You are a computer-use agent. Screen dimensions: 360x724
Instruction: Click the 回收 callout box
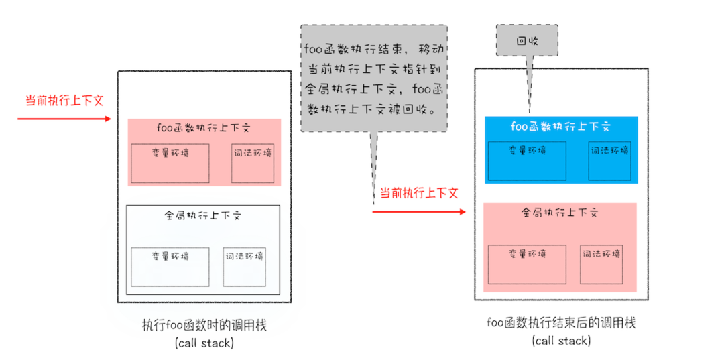pyautogui.click(x=527, y=40)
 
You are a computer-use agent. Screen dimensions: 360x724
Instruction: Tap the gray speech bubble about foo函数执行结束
pyautogui.click(x=373, y=78)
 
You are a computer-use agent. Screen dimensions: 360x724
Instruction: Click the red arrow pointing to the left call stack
pyautogui.click(x=64, y=119)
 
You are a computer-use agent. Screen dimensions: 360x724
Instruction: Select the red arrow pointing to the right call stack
pyautogui.click(x=419, y=212)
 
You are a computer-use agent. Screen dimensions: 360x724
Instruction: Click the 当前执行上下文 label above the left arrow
pyautogui.click(x=64, y=100)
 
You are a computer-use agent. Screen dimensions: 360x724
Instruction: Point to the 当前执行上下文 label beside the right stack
pyautogui.click(x=420, y=193)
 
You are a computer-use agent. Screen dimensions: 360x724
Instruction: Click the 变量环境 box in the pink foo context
pyautogui.click(x=170, y=163)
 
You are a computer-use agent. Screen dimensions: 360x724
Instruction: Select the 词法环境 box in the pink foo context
pyautogui.click(x=253, y=163)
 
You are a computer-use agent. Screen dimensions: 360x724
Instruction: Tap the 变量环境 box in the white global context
pyautogui.click(x=170, y=267)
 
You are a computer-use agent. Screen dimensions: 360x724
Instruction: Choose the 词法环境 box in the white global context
pyautogui.click(x=245, y=267)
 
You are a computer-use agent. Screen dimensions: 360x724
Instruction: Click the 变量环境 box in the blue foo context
pyautogui.click(x=526, y=162)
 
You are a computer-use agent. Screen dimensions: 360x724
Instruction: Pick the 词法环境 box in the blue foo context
pyautogui.click(x=609, y=162)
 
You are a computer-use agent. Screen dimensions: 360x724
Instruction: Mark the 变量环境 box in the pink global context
pyautogui.click(x=526, y=264)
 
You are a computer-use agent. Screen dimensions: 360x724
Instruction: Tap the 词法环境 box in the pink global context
pyautogui.click(x=601, y=264)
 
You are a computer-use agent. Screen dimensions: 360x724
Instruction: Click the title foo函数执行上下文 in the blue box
pyautogui.click(x=560, y=126)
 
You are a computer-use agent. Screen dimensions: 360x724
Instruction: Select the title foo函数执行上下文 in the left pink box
pyautogui.click(x=204, y=128)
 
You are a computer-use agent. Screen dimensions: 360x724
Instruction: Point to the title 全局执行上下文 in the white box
pyautogui.click(x=202, y=216)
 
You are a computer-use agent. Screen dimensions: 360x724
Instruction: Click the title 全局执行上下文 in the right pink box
pyautogui.click(x=560, y=213)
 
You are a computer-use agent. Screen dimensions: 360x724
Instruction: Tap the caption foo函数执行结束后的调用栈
pyautogui.click(x=561, y=323)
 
